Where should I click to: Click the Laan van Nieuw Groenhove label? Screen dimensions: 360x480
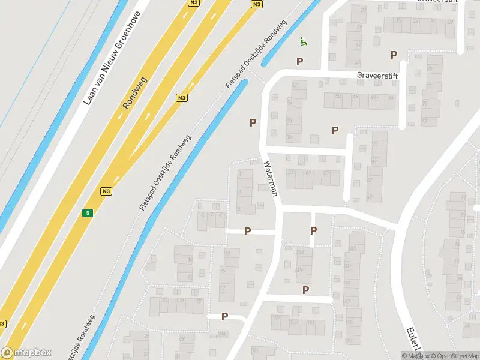112,58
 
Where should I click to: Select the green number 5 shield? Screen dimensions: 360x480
88,213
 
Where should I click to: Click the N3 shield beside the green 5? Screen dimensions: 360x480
106,191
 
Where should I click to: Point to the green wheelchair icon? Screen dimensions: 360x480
304,41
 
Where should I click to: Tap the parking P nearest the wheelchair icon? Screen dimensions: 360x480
299,61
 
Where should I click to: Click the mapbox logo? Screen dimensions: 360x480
26,353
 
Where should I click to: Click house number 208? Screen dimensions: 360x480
300,252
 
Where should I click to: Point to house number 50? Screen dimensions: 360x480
338,96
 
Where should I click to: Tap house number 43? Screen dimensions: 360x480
358,45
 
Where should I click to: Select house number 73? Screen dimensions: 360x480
424,121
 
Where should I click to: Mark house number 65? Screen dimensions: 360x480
369,197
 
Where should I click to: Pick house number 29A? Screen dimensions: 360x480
223,334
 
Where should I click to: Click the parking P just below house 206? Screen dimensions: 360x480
306,290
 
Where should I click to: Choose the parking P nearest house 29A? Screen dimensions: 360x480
225,316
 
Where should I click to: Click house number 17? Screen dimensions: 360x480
223,289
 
